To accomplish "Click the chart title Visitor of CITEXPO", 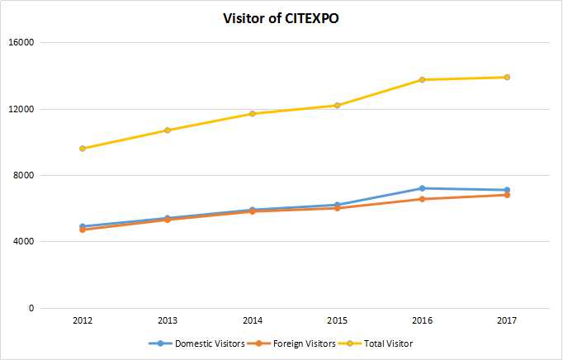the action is [281, 18].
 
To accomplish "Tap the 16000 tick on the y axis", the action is [21, 42].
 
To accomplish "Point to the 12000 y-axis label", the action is [21, 109].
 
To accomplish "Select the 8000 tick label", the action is [23, 175].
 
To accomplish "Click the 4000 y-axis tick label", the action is [23, 241].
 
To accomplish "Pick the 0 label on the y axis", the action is [31, 308].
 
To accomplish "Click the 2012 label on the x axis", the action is [83, 320].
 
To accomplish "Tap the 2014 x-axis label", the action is [253, 320].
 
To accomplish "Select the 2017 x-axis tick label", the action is [507, 320].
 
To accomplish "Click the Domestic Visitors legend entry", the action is [196, 343].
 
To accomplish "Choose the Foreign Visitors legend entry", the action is [292, 343].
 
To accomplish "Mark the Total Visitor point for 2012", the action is [83, 149].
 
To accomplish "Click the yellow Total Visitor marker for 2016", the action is [422, 79].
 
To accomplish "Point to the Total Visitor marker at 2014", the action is [253, 114].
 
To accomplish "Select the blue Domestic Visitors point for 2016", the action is [422, 188].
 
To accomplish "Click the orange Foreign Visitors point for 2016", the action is [422, 199].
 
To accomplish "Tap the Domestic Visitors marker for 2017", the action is [507, 190].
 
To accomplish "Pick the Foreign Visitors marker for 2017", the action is [507, 195].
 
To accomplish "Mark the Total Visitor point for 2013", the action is [168, 130].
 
